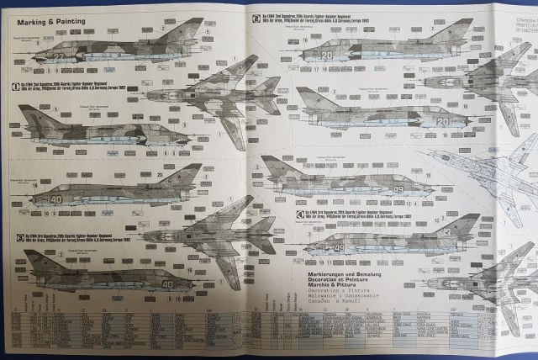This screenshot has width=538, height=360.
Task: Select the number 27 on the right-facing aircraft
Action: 58,56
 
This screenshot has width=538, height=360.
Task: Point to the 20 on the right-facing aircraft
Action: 442,121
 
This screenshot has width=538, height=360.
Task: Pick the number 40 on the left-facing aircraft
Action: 57,199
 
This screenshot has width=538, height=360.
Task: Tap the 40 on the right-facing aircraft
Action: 167,283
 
